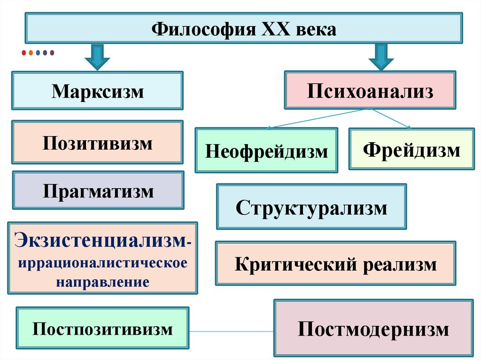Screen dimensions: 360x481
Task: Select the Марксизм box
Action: (97, 91)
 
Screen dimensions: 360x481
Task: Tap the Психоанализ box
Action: (370, 90)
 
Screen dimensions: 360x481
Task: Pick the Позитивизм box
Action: (97, 142)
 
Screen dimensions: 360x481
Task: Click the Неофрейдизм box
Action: (266, 151)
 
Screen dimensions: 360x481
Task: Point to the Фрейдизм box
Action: (411, 149)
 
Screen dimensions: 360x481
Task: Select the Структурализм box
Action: (311, 207)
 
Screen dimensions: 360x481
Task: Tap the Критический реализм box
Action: (335, 263)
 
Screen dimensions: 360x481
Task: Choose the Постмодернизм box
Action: (373, 328)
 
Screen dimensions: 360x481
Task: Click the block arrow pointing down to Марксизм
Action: (97, 57)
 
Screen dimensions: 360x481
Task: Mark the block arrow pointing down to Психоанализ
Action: (380, 57)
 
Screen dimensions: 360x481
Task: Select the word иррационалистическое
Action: (102, 262)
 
